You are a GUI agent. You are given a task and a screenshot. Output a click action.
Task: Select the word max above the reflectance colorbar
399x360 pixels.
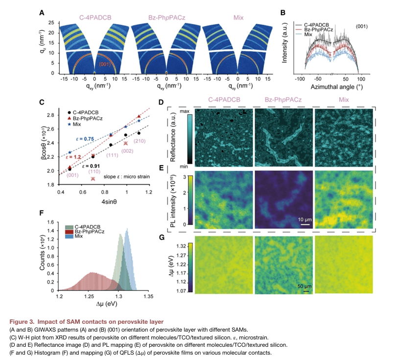point(185,113)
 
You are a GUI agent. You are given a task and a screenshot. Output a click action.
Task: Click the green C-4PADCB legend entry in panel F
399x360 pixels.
point(87,226)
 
